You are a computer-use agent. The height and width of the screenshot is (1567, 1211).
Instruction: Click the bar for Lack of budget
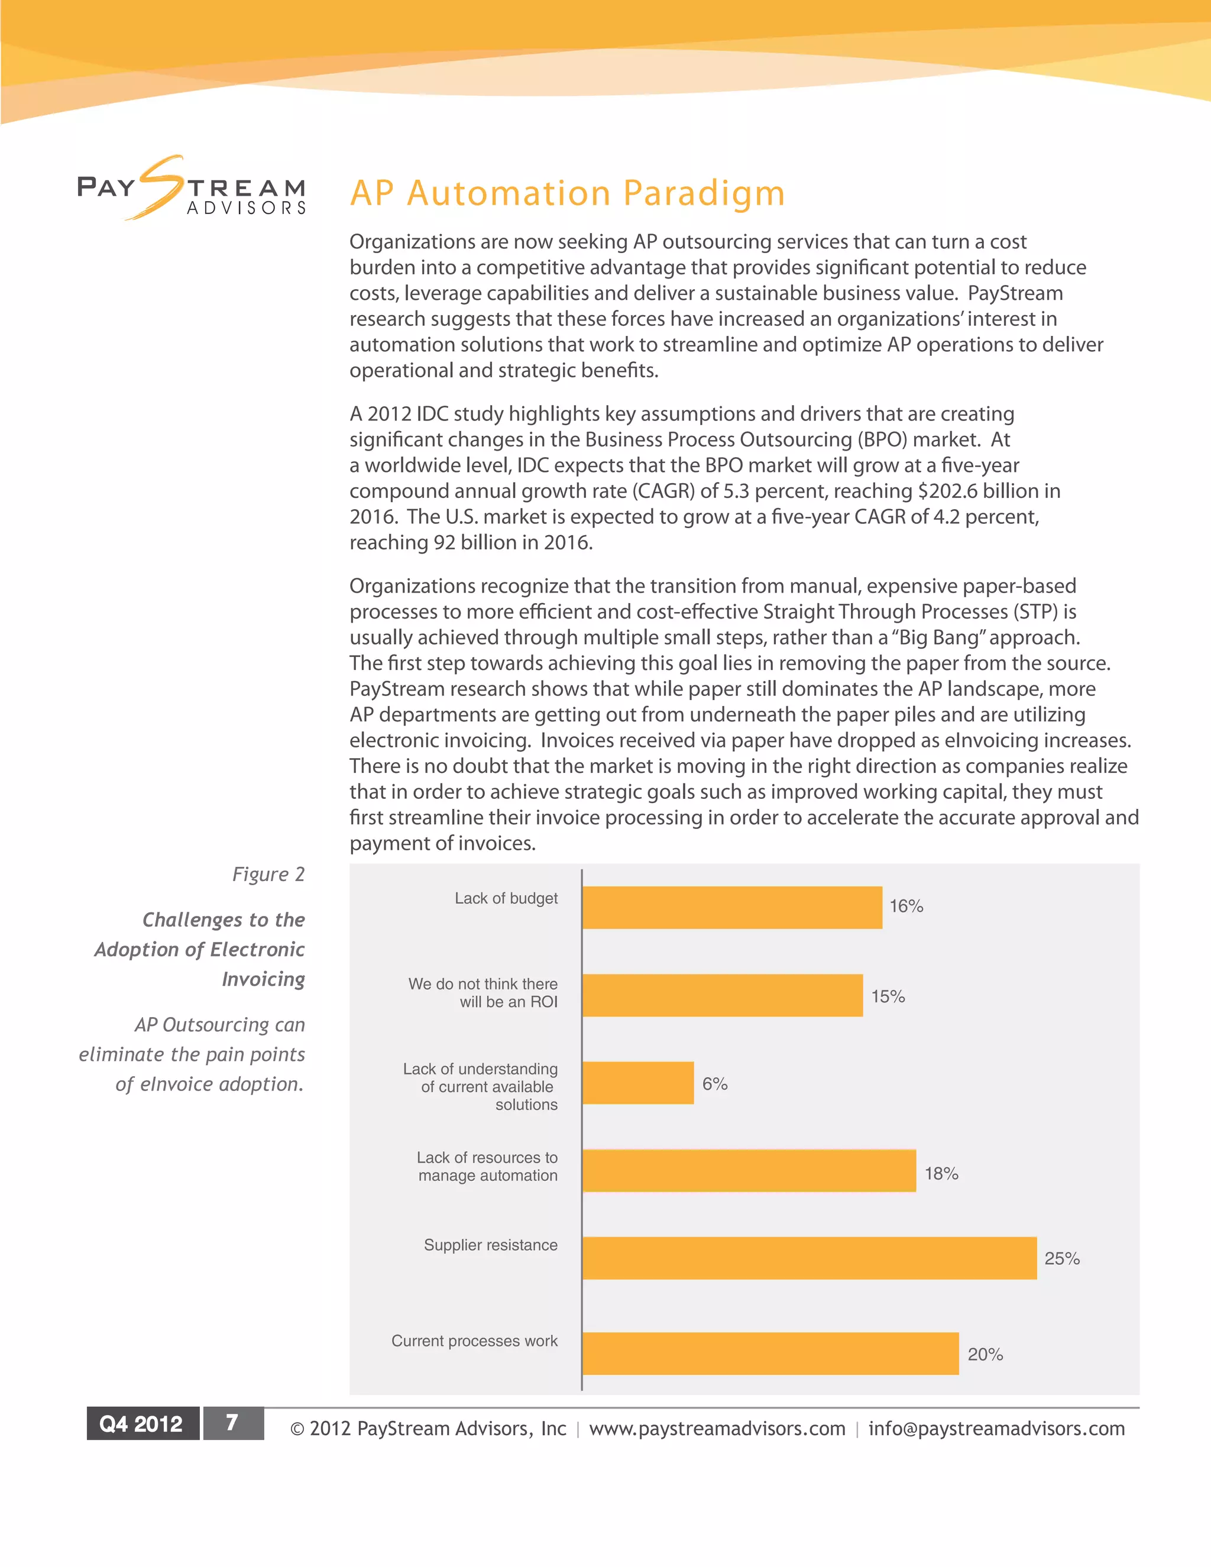(732, 907)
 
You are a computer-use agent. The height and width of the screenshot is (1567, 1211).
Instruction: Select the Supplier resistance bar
(810, 1258)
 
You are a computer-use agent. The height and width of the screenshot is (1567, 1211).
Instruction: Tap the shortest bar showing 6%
(638, 1083)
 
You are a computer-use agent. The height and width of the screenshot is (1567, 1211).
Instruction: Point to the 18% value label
(941, 1174)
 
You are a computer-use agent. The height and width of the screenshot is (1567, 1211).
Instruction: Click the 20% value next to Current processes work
(985, 1355)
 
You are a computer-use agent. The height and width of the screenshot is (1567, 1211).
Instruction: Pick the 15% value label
(888, 996)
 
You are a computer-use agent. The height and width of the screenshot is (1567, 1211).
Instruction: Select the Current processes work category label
(474, 1341)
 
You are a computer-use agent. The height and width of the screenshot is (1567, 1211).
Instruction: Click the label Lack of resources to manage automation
(487, 1167)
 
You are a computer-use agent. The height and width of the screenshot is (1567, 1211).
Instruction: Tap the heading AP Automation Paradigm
(566, 193)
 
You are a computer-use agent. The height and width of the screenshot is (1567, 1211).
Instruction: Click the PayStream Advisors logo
(192, 188)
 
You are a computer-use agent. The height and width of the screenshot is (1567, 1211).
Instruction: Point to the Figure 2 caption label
(268, 874)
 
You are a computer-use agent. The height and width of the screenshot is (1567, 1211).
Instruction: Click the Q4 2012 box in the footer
(141, 1423)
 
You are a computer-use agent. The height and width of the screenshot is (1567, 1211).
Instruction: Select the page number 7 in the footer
(232, 1423)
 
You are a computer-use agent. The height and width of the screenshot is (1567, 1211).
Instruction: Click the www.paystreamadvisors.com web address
(717, 1429)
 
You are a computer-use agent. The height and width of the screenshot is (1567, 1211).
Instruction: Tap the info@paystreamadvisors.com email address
(996, 1429)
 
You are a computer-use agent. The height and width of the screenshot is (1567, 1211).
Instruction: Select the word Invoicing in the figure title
(263, 979)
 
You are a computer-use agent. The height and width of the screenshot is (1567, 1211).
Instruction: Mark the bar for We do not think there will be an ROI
(722, 995)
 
